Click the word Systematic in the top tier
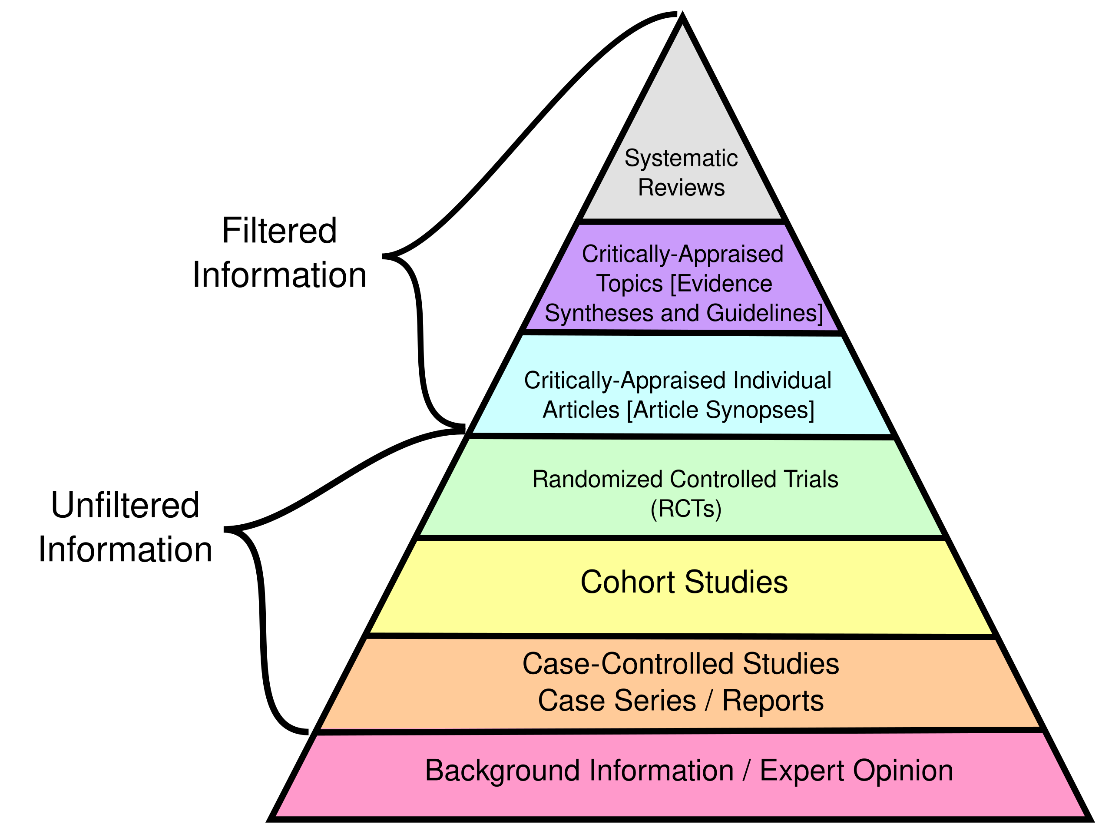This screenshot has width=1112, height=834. click(x=681, y=159)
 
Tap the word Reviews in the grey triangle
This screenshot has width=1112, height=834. click(x=681, y=188)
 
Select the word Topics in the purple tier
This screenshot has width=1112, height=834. click(x=629, y=284)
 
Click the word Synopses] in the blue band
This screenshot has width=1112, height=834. click(x=760, y=410)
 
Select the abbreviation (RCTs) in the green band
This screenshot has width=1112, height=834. click(x=686, y=509)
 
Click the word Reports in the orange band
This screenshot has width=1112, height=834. click(x=773, y=701)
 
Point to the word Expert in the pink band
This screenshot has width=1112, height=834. click(x=801, y=771)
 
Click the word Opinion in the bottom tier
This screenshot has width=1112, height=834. click(x=902, y=771)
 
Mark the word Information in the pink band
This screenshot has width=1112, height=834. click(x=661, y=771)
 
